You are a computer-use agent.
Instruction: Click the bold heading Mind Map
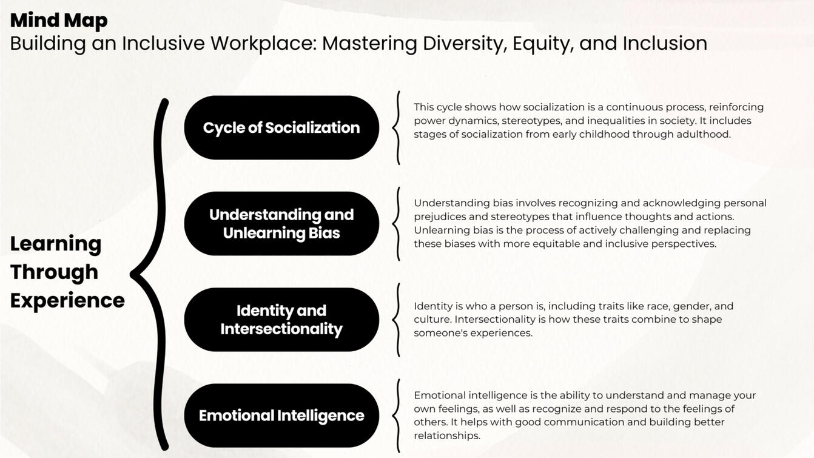pyautogui.click(x=59, y=20)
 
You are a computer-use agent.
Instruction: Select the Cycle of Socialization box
pyautogui.click(x=281, y=127)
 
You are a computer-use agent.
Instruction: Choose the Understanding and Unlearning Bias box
pyautogui.click(x=281, y=223)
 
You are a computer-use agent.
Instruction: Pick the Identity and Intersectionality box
pyautogui.click(x=281, y=319)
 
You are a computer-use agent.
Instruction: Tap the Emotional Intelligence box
pyautogui.click(x=281, y=416)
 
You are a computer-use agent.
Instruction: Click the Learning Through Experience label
pyautogui.click(x=67, y=272)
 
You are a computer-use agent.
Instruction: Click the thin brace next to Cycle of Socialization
pyautogui.click(x=397, y=127)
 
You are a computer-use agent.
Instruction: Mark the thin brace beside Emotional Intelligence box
pyautogui.click(x=397, y=416)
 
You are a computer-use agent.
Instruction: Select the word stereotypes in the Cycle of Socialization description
pyautogui.click(x=530, y=121)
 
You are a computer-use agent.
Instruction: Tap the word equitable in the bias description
pyautogui.click(x=555, y=244)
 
